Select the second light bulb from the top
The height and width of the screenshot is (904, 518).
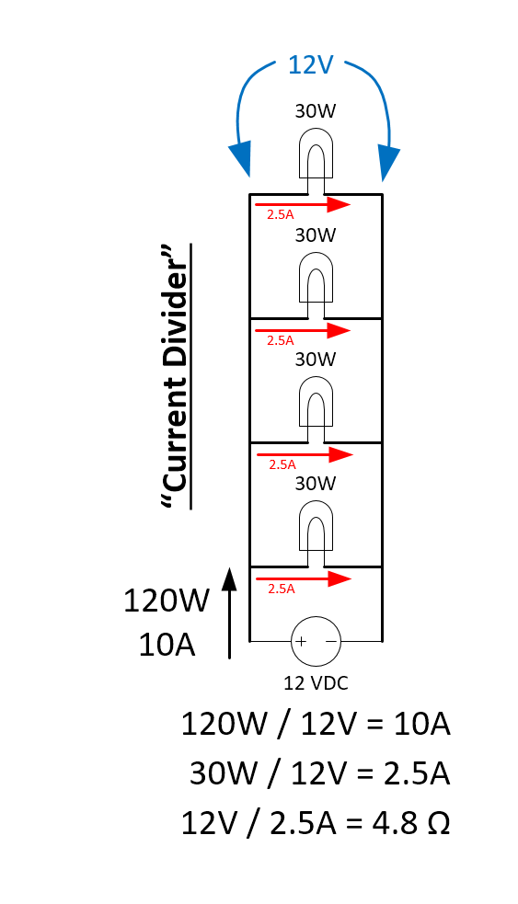(x=316, y=278)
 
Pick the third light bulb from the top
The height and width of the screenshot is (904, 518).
(x=316, y=402)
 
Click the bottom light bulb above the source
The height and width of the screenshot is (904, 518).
(x=316, y=527)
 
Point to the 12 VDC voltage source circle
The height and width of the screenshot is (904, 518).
(x=316, y=640)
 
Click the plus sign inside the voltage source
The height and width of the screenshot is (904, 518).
(x=301, y=640)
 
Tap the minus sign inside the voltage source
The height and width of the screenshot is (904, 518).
(x=330, y=640)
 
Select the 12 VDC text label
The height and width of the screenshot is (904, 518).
(x=316, y=682)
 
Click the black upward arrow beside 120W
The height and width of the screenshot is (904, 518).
(x=229, y=612)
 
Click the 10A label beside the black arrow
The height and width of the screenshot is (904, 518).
(x=167, y=646)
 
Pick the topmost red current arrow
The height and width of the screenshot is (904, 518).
(x=304, y=204)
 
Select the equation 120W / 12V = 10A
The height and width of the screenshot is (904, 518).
(x=316, y=725)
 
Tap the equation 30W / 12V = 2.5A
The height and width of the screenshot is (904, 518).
(x=318, y=773)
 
